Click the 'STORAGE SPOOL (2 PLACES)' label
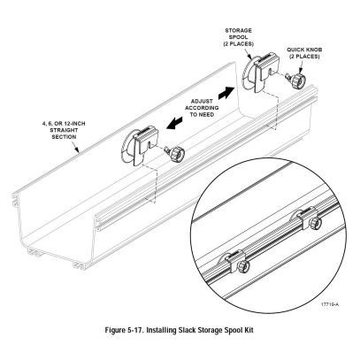coord(239,37)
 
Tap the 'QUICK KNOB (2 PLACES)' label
coord(304,53)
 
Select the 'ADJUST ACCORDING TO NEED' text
coord(202,108)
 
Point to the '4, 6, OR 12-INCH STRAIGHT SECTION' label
coord(64,130)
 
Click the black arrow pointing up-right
coord(226,93)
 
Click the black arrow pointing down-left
coord(174,122)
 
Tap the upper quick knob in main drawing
coord(297,80)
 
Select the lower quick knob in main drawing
coord(175,153)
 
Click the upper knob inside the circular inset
coord(315,223)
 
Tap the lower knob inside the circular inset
coord(243,266)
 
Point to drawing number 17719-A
coord(330,305)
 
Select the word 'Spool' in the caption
coord(233,330)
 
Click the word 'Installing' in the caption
coord(161,330)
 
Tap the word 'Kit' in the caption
coord(249,330)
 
